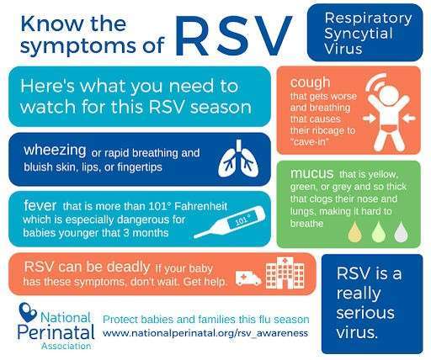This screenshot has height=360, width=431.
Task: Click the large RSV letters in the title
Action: (234, 35)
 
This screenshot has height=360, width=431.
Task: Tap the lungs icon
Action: (238, 159)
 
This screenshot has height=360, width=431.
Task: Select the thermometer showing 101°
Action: (229, 222)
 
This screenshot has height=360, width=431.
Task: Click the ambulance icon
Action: (248, 278)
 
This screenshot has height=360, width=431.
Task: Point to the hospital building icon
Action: (285, 273)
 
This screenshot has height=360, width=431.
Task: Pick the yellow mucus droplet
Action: (355, 232)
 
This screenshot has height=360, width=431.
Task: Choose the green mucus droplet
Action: (378, 232)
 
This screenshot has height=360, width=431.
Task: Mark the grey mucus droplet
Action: (401, 232)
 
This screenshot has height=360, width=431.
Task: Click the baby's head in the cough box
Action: (389, 95)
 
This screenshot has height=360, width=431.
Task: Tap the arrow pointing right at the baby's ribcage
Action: (370, 119)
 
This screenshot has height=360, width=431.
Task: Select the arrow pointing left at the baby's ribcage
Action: (409, 119)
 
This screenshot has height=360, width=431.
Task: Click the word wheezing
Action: (55, 151)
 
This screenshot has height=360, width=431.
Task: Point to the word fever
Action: (40, 205)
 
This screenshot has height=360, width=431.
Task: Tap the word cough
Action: (310, 82)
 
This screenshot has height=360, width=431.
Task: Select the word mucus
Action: (312, 173)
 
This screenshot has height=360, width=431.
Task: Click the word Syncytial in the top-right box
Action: (359, 34)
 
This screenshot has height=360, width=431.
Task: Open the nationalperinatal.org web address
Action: (205, 333)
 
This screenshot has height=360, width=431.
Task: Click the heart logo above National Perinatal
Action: (27, 312)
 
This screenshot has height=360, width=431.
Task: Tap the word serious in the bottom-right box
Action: (365, 313)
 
